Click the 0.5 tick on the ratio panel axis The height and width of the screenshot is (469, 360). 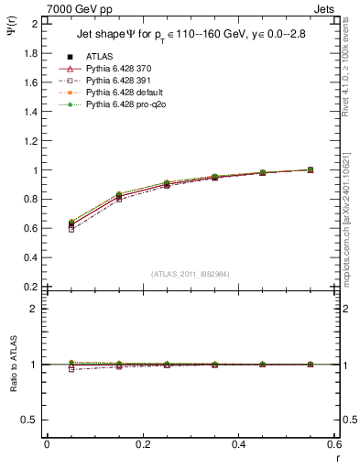32,420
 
